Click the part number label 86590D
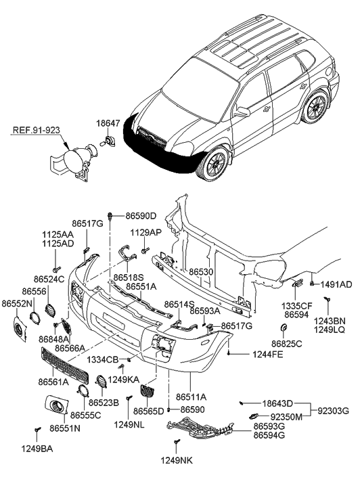pos(141,216)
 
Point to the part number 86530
pos(202,271)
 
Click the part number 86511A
pos(192,397)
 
